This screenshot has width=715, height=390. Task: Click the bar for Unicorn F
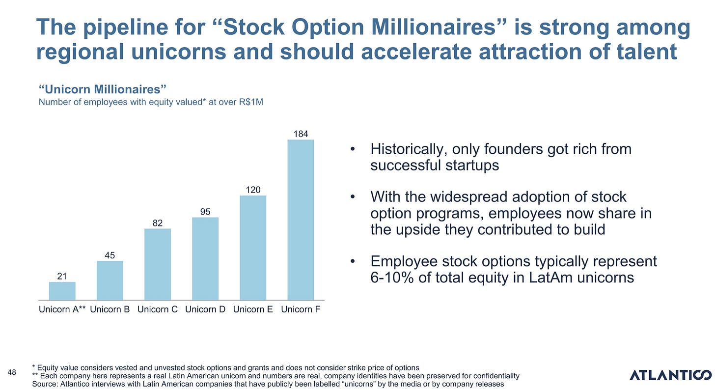point(301,220)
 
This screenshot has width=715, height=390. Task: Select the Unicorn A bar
point(62,291)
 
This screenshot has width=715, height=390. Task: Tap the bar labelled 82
point(158,264)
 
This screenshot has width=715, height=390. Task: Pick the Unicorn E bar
point(253,248)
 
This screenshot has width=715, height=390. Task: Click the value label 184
point(301,134)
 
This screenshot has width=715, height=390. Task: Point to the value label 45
point(110,255)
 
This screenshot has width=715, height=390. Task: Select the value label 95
point(205,212)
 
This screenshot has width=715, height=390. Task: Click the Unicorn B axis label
point(110,309)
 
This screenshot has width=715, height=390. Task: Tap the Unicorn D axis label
point(205,309)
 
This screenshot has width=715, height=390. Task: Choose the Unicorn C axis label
point(158,309)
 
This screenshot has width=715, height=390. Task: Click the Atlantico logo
point(671,375)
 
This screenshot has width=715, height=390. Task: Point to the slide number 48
point(12,372)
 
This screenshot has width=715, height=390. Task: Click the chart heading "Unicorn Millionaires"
point(103,89)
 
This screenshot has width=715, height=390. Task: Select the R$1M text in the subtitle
point(250,102)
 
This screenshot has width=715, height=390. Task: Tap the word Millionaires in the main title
point(439,27)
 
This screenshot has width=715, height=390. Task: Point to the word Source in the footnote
point(45,384)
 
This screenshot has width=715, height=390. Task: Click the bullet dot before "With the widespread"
point(353,197)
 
